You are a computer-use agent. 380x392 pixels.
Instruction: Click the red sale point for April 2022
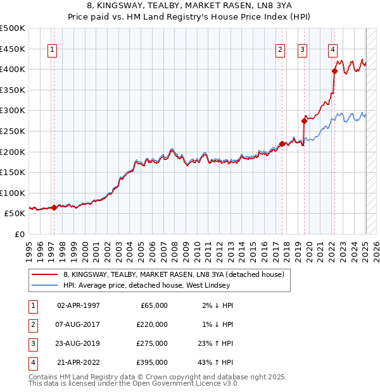coord(334,71)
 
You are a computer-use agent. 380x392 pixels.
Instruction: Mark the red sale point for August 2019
coord(304,120)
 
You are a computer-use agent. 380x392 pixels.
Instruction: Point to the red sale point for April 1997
coord(54,207)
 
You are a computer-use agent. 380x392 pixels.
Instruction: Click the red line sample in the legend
coord(44,274)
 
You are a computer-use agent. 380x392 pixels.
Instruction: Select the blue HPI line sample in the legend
coord(44,286)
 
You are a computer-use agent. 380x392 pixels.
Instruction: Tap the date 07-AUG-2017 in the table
coord(79,324)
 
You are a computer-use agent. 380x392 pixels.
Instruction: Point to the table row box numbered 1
coord(32,305)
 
